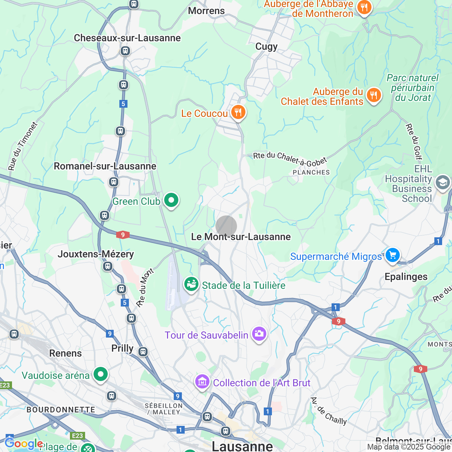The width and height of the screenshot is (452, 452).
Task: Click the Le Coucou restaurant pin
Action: click(x=238, y=113)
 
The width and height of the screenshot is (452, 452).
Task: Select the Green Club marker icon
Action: click(x=171, y=200)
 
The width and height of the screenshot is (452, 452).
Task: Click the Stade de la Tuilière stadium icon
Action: click(x=191, y=284)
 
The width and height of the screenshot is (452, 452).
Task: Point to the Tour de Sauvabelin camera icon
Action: click(x=259, y=334)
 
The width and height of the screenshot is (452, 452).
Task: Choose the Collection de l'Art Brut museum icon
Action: click(x=202, y=382)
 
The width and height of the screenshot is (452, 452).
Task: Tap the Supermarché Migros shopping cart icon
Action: click(x=392, y=255)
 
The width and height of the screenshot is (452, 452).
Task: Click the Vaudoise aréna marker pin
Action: click(x=101, y=374)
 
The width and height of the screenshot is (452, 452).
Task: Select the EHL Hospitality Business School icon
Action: click(x=442, y=183)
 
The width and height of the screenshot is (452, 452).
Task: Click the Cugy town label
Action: click(x=266, y=47)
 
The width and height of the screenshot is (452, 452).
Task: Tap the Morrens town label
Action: click(x=206, y=11)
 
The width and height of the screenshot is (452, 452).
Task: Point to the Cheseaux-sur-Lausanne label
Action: click(x=127, y=38)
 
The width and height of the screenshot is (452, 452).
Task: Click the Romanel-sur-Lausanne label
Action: click(x=105, y=166)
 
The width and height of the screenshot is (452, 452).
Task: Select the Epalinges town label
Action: click(x=406, y=276)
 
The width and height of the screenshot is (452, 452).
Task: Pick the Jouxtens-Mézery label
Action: click(x=96, y=254)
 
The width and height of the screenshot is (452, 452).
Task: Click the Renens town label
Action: click(x=65, y=353)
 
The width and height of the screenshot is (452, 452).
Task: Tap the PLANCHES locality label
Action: click(x=311, y=172)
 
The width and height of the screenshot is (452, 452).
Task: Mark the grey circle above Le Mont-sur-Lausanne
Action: click(x=226, y=226)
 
